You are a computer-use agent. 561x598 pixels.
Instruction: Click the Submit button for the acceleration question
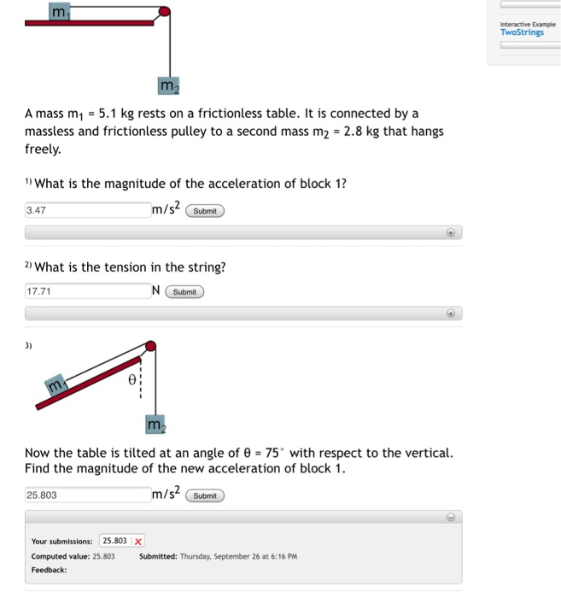pos(205,211)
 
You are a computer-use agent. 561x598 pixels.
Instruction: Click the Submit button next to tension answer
pos(184,292)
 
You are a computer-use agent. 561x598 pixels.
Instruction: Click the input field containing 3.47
pos(87,210)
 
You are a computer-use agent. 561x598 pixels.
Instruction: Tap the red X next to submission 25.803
pos(138,541)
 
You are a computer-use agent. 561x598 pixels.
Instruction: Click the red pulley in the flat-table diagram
pos(165,12)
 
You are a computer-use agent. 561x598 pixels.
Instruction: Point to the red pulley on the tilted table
pos(151,346)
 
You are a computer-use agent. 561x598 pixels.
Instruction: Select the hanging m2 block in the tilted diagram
pos(155,424)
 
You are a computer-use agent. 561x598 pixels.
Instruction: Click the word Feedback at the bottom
pos(50,570)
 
